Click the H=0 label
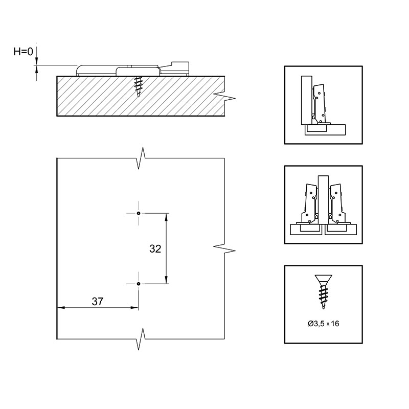click(23, 52)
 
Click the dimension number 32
click(155, 249)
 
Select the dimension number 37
click(98, 302)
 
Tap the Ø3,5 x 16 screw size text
click(324, 324)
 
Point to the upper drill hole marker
click(139, 213)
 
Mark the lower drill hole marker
click(139, 284)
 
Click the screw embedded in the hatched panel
click(138, 86)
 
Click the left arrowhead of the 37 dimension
click(61, 308)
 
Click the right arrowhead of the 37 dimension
click(134, 308)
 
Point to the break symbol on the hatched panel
click(224, 96)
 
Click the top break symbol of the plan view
click(141, 158)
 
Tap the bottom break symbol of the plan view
click(141, 339)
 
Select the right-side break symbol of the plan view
click(224, 248)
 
